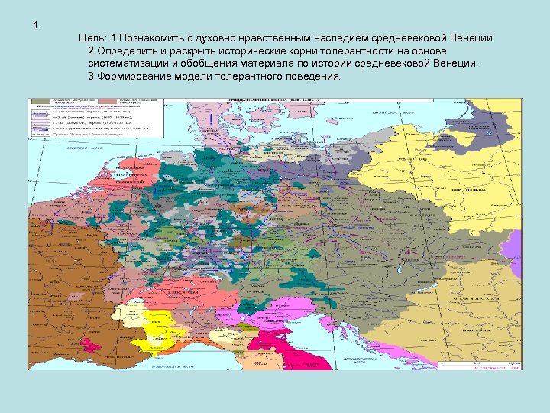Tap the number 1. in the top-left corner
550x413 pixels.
click(x=37, y=26)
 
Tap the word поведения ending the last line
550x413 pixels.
click(x=315, y=76)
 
